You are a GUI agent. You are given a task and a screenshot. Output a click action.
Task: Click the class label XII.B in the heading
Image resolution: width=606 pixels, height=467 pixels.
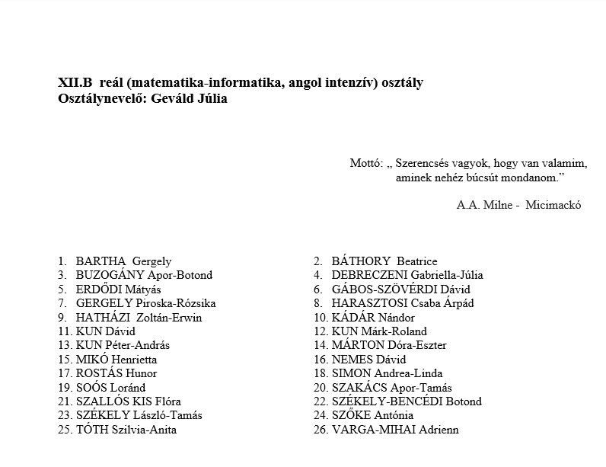pyautogui.click(x=75, y=83)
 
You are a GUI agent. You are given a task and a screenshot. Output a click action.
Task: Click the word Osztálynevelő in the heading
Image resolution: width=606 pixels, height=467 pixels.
pyautogui.click(x=100, y=98)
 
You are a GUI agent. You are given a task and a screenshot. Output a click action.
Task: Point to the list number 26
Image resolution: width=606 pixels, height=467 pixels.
pyautogui.click(x=321, y=430)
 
